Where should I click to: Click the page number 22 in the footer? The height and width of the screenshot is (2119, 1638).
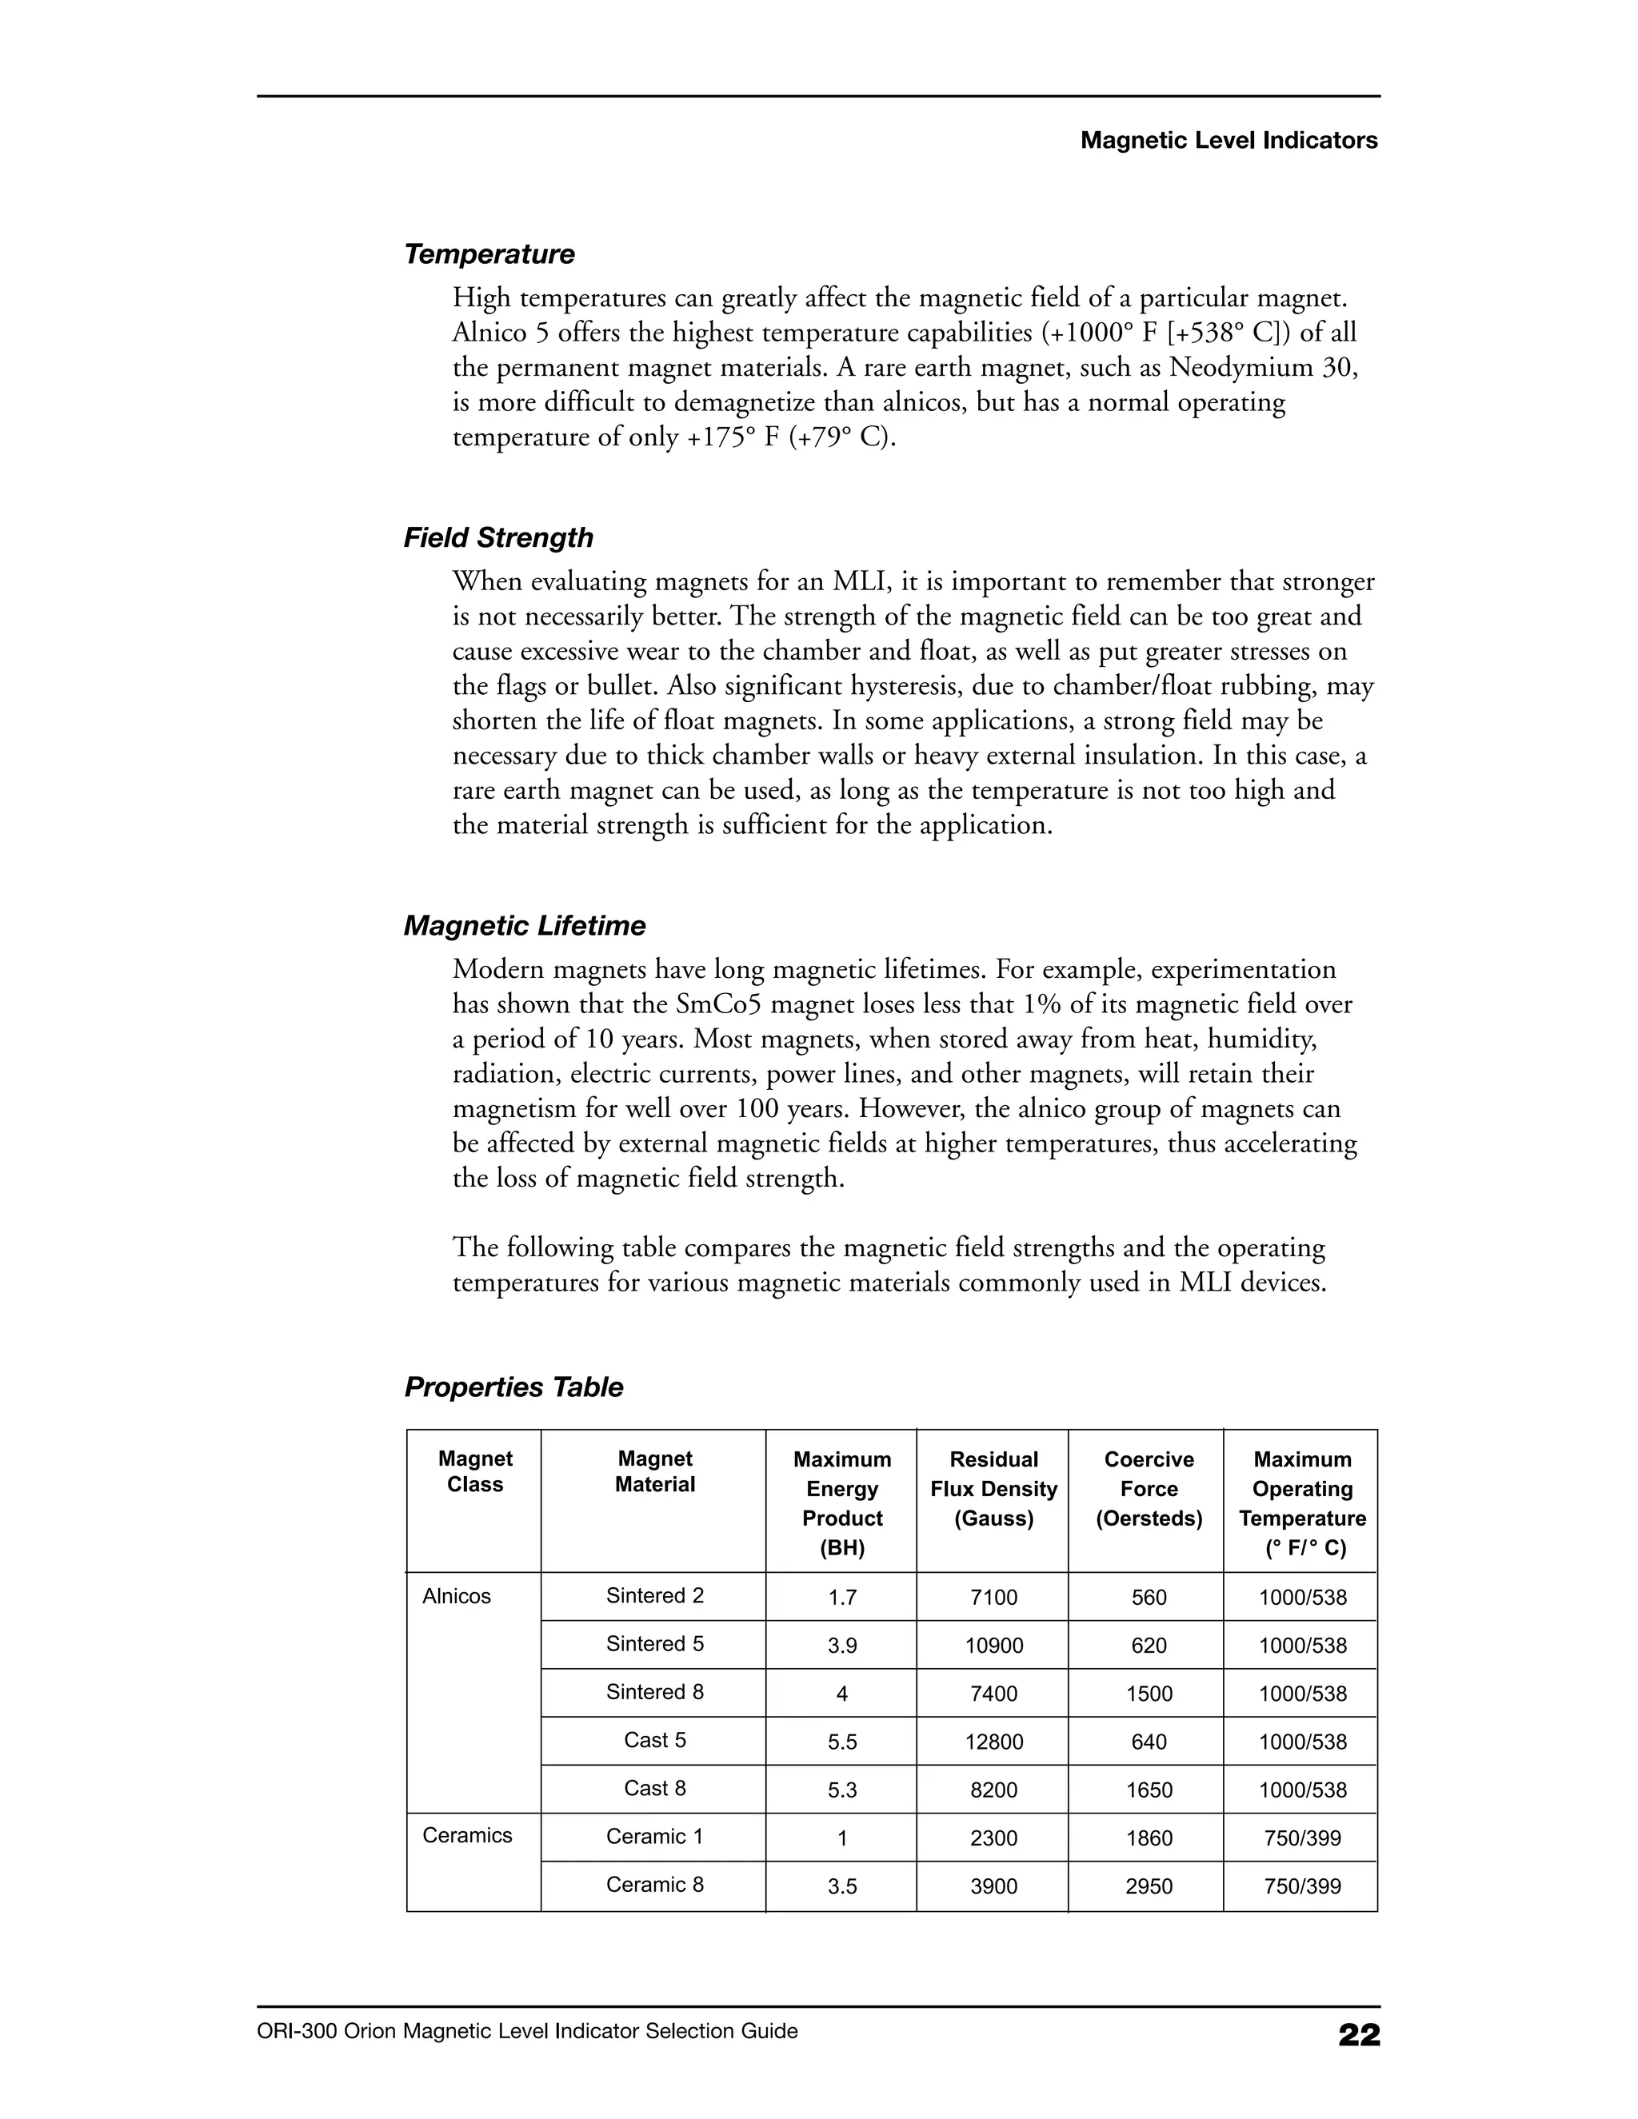click(x=1359, y=2034)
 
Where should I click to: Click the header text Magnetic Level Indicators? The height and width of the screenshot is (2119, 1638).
click(x=1228, y=141)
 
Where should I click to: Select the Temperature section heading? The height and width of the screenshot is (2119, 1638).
click(x=489, y=254)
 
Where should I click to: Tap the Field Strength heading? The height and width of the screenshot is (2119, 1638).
click(x=497, y=537)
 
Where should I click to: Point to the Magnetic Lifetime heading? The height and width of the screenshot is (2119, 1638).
click(x=524, y=926)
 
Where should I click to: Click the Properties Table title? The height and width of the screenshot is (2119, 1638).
click(x=513, y=1387)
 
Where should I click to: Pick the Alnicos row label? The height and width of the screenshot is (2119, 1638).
click(x=456, y=1596)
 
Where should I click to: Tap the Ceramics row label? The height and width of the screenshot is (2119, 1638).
click(x=467, y=1834)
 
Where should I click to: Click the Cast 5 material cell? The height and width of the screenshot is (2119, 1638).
click(x=654, y=1740)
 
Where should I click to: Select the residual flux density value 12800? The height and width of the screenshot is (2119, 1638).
click(x=993, y=1742)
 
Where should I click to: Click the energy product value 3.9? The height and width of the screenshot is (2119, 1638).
click(x=841, y=1646)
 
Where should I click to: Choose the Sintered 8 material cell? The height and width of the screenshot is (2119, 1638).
click(x=654, y=1692)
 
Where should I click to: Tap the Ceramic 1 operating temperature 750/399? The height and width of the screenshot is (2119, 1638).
click(x=1302, y=1838)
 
